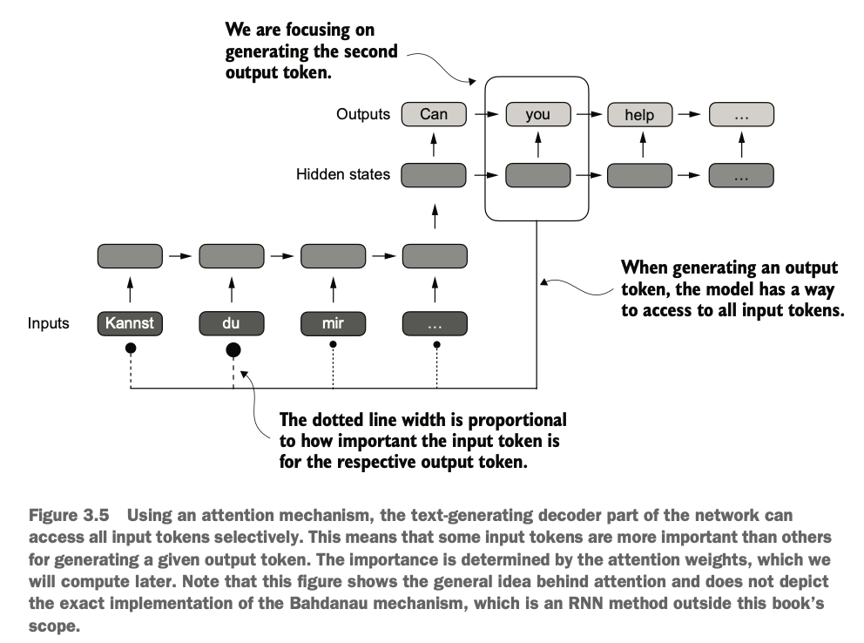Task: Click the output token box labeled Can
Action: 434,114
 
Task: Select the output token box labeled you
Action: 537,114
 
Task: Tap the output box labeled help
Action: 640,115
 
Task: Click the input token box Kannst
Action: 130,323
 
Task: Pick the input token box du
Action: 232,323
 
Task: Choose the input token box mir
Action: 333,323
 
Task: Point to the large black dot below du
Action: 233,350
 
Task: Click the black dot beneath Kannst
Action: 131,348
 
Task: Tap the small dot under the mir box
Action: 333,344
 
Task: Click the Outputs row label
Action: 363,114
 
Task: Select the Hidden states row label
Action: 343,174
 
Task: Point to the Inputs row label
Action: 49,323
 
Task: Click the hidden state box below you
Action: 537,175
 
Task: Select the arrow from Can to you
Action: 487,115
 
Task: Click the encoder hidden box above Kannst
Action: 130,256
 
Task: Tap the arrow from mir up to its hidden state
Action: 333,290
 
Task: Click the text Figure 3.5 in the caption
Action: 69,515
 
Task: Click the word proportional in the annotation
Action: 517,421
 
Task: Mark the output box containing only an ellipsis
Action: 742,115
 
